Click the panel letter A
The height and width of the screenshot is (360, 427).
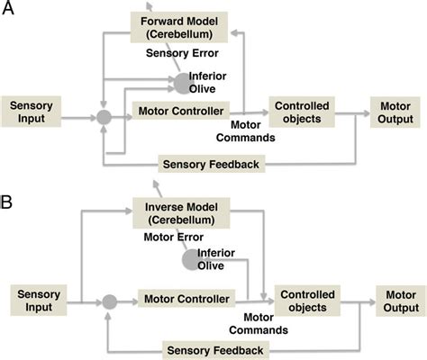click(10, 10)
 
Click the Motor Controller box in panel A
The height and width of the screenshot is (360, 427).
click(179, 114)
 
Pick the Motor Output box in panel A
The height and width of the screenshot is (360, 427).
click(394, 114)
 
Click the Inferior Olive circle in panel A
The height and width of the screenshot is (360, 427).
click(184, 83)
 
